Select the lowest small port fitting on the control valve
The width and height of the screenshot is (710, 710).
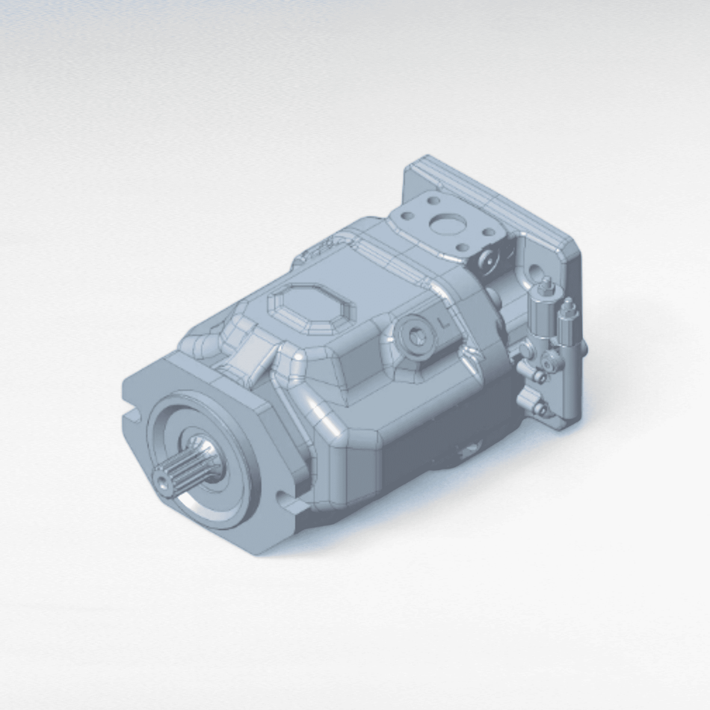tap(540, 409)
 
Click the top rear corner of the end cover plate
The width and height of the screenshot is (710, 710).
tap(427, 159)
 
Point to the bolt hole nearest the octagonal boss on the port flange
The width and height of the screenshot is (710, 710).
tap(407, 216)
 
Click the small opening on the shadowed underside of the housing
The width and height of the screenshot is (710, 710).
tap(469, 451)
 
